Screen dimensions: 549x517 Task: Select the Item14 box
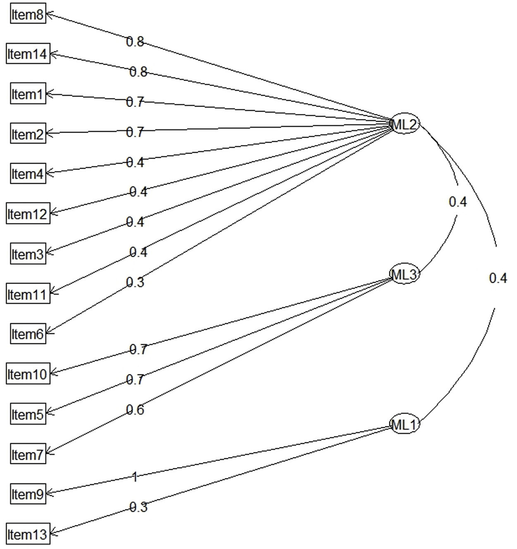click(28, 54)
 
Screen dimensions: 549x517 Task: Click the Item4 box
click(28, 174)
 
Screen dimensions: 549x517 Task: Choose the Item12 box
click(28, 214)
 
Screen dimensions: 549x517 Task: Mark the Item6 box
click(28, 334)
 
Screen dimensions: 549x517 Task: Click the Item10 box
click(28, 374)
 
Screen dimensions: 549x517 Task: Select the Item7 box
click(28, 454)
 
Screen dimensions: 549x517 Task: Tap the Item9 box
click(28, 494)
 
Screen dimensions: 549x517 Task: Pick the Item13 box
click(28, 534)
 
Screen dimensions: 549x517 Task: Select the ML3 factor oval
click(405, 274)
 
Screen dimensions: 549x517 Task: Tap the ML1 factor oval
click(405, 424)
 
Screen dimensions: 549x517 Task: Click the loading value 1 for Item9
click(134, 477)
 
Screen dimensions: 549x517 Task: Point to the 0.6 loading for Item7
click(135, 410)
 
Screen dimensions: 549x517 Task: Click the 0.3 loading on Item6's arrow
click(135, 282)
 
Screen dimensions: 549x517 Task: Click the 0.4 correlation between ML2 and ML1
click(498, 278)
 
